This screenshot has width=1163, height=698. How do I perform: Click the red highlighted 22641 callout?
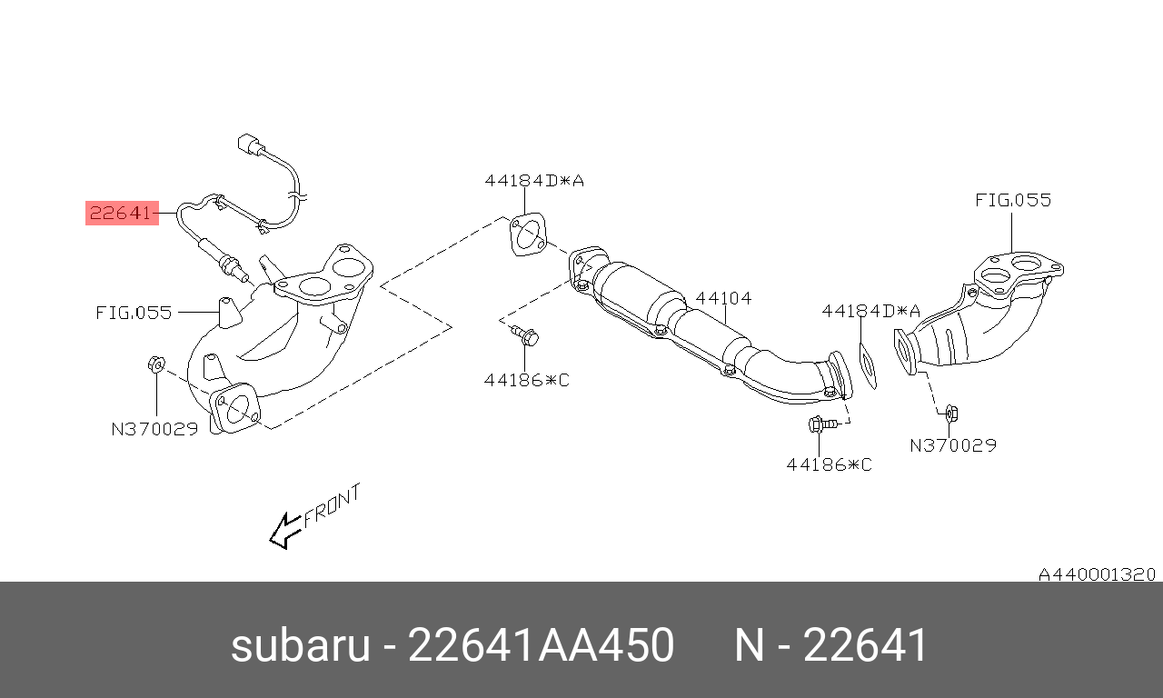coord(122,213)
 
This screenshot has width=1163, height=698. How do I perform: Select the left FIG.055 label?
coord(134,313)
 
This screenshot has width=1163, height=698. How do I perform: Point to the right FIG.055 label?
coord(1013,200)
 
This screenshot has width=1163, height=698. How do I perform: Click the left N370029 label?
coord(154,429)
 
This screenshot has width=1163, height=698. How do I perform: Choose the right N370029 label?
coord(953,445)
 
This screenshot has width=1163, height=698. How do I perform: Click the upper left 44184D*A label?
coord(534,181)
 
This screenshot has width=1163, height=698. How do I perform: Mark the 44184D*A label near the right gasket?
coord(870,311)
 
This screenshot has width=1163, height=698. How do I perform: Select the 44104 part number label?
coord(723,298)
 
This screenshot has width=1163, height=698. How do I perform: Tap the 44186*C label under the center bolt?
coord(526,380)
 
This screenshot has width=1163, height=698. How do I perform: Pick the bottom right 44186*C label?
coord(830,464)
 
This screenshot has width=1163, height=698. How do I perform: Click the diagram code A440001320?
coord(1097,574)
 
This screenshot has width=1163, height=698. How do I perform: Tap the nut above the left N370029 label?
coord(156,364)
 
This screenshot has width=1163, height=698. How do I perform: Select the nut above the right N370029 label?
coord(951,414)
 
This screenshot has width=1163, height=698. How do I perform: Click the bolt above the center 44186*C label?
coord(525,335)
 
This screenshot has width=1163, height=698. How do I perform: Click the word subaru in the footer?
coord(300,645)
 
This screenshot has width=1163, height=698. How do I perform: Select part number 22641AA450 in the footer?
coord(541,645)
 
